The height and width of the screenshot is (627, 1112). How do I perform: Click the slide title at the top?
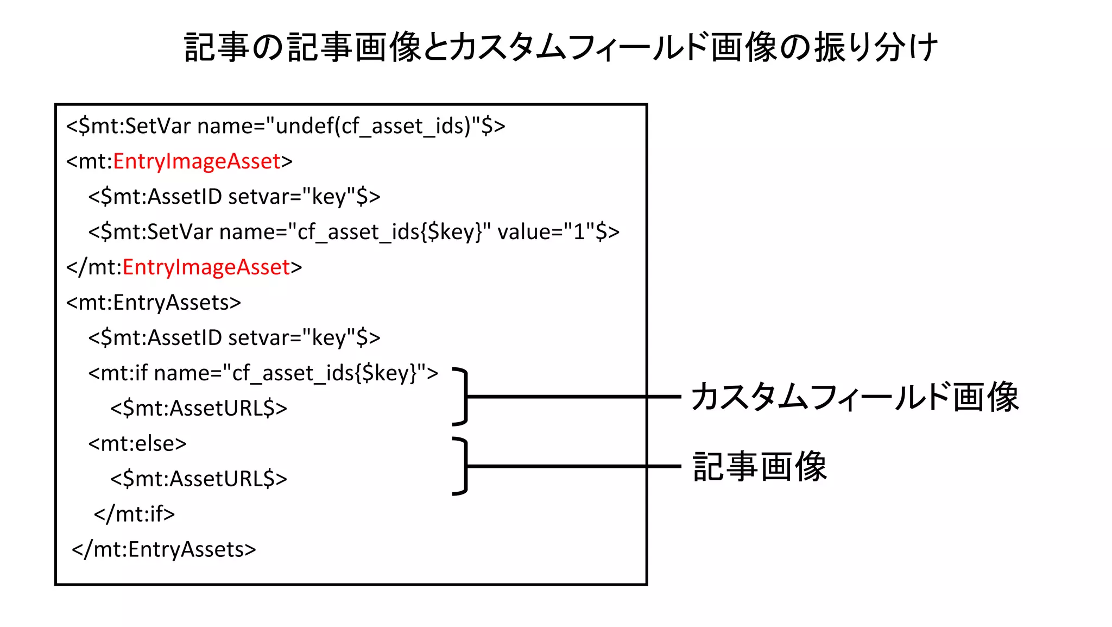point(561,47)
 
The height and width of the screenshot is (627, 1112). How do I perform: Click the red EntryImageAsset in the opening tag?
point(197,161)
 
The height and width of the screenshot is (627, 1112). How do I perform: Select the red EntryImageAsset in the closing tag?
point(206,267)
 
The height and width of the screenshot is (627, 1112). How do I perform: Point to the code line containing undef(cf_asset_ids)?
point(286,126)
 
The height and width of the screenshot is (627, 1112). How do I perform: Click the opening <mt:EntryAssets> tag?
point(154,303)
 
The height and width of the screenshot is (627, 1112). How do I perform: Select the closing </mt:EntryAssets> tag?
point(164,550)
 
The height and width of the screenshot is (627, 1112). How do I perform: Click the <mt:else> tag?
point(137,444)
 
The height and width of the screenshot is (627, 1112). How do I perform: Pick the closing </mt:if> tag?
point(135,514)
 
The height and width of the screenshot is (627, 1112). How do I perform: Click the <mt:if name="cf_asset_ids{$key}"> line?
point(263,373)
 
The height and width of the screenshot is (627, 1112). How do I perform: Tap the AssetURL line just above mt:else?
point(199,409)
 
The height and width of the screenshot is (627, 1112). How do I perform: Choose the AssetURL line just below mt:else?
point(199,479)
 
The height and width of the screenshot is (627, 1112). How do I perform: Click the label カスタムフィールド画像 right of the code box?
point(855,397)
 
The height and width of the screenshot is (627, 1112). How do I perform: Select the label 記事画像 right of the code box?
point(760,467)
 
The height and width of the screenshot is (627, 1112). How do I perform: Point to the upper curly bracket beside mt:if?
point(462,397)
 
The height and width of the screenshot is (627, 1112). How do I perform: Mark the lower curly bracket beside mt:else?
point(462,466)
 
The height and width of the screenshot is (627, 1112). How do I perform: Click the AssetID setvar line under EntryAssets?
point(234,338)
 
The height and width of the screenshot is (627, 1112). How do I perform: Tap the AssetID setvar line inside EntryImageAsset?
point(234,197)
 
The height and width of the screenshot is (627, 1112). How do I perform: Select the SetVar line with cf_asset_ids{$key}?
point(353,232)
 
